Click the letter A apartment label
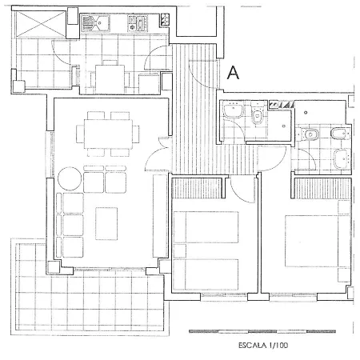click(233, 73)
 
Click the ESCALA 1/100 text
click(263, 346)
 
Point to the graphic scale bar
click(262, 331)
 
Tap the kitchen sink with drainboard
click(95, 23)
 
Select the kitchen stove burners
click(138, 23)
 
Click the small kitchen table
click(110, 79)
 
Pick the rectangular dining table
click(108, 134)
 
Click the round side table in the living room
click(70, 178)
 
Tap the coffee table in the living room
click(106, 224)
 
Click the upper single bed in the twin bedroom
click(206, 227)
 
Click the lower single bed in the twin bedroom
click(206, 274)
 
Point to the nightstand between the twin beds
click(179, 251)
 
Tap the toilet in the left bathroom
click(258, 113)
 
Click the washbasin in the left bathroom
click(234, 110)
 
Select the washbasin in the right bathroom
click(341, 158)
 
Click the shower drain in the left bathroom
click(284, 126)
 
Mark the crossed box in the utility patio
click(40, 24)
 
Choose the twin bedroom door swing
click(242, 190)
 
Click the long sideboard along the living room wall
click(160, 216)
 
